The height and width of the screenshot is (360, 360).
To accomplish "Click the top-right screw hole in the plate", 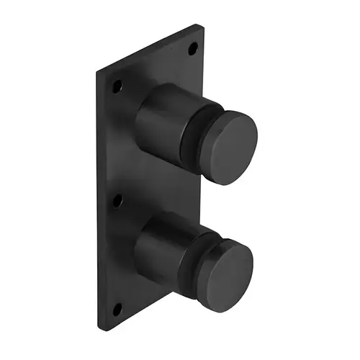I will click(192, 50).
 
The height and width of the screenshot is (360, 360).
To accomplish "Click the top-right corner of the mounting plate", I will click(198, 25).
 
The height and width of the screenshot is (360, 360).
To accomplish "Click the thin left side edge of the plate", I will click(99, 202).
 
